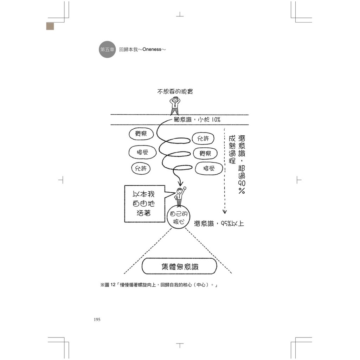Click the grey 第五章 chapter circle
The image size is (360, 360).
[x=107, y=50]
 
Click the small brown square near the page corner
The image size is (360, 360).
[x=50, y=26]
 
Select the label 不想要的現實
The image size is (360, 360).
[x=175, y=91]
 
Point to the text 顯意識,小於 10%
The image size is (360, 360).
[x=197, y=120]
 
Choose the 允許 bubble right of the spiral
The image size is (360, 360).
[x=203, y=138]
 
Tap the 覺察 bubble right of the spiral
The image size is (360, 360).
[x=205, y=153]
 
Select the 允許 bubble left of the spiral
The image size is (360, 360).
[x=141, y=168]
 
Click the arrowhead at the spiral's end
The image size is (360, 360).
[x=180, y=184]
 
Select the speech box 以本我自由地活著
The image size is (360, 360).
[x=144, y=204]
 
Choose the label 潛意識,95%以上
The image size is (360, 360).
[x=219, y=223]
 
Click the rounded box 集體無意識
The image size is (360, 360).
[x=179, y=266]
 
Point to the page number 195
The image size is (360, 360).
[x=97, y=320]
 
